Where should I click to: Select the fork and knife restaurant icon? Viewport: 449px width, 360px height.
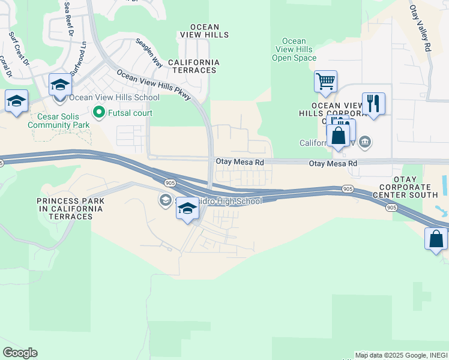373,103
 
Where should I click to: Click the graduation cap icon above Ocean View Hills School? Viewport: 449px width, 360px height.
60,85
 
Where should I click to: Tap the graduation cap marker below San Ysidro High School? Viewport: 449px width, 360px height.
188,209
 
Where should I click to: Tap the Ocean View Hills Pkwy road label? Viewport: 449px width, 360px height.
153,84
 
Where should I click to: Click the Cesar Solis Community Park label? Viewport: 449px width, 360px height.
58,121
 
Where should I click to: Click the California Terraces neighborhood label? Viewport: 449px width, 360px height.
193,66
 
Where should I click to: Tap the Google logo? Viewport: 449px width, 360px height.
20,353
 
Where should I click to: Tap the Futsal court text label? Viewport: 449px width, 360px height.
130,113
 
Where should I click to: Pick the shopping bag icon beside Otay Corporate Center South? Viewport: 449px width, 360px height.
436,238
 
